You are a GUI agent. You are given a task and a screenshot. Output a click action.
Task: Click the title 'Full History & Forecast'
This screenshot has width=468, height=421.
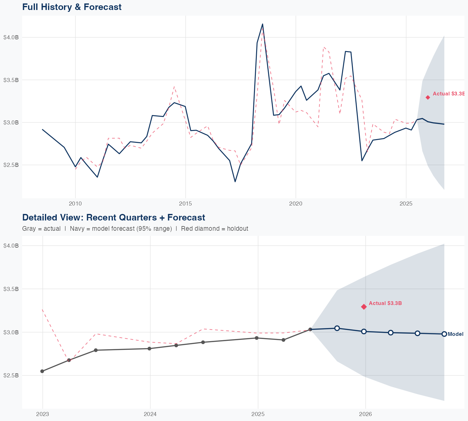point(72,7)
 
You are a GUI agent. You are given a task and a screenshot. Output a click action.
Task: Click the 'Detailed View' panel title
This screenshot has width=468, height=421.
point(114,217)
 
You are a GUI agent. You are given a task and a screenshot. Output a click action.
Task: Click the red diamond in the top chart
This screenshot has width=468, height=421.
point(428,97)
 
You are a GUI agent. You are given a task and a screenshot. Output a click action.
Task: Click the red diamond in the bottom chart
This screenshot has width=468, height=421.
point(364,307)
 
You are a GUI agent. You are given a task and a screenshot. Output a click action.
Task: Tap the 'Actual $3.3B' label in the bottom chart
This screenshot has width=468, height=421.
point(385,303)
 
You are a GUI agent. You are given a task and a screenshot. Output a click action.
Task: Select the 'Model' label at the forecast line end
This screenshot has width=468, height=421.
point(455,334)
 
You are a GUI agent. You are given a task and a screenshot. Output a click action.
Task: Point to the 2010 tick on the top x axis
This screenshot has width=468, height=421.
point(75,204)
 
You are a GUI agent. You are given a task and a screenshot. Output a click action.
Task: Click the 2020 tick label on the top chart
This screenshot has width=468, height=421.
point(296,204)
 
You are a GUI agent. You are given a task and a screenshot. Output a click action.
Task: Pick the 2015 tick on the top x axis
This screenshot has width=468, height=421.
point(186,204)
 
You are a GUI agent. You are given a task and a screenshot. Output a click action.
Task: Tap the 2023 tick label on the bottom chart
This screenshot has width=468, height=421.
point(43,414)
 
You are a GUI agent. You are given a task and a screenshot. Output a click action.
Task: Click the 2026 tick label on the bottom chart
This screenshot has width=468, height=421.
point(366,414)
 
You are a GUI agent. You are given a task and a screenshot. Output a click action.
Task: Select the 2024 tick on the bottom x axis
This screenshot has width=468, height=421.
point(150,414)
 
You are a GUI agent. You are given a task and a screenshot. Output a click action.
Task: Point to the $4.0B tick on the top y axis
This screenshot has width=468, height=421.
point(11,37)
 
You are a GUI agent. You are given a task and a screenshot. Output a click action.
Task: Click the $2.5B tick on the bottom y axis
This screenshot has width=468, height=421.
point(11,375)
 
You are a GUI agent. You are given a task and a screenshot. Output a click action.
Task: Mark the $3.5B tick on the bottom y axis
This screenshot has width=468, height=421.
point(11,289)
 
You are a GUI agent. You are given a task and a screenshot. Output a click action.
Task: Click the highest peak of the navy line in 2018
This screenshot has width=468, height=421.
point(262,24)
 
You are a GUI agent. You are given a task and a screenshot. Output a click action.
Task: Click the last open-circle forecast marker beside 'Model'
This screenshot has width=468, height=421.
point(444,334)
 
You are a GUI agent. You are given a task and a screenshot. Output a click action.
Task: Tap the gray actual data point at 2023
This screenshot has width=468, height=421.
point(42,371)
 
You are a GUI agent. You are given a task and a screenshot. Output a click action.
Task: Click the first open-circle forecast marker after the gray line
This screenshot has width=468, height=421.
point(337,328)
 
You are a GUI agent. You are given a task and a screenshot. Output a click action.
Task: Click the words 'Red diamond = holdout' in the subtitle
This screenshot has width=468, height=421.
point(214,229)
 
